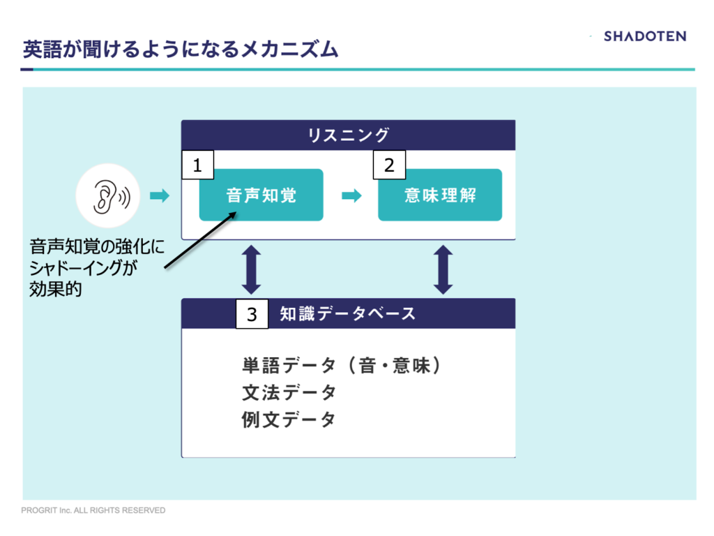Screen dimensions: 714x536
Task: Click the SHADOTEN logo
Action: click(645, 36)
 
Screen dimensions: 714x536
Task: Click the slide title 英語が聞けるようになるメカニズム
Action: click(181, 50)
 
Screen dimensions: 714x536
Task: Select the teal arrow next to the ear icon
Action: click(160, 196)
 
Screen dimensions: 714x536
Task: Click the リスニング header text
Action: click(349, 135)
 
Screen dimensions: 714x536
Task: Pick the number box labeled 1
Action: click(197, 165)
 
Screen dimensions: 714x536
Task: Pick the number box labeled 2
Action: click(389, 165)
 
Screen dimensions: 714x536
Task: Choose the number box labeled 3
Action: click(252, 313)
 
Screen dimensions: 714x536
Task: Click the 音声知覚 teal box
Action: click(261, 195)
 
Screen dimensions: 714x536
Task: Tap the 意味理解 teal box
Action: click(440, 195)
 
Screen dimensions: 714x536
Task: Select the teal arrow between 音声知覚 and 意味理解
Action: click(351, 196)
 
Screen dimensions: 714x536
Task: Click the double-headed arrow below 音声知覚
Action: click(251, 269)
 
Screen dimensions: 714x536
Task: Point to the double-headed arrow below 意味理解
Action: click(443, 269)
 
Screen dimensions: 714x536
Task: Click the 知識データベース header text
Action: click(347, 313)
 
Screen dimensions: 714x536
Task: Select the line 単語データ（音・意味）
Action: click(342, 366)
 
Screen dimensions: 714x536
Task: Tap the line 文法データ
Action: click(289, 392)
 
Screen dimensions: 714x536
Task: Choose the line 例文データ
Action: click(289, 419)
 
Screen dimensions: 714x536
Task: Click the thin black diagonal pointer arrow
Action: click(200, 240)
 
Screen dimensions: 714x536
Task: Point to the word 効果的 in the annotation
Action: click(56, 289)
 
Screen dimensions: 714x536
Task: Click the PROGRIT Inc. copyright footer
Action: click(93, 510)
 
